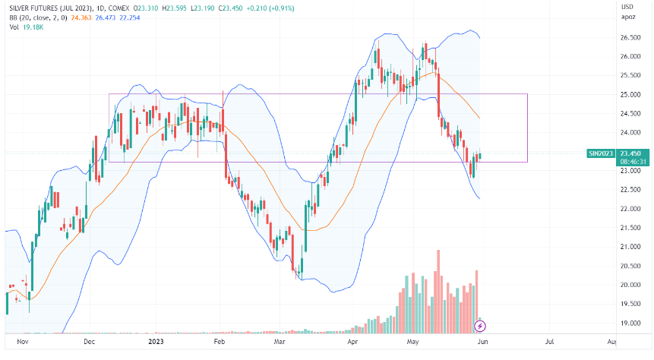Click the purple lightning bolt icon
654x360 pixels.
[x=479, y=326]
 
